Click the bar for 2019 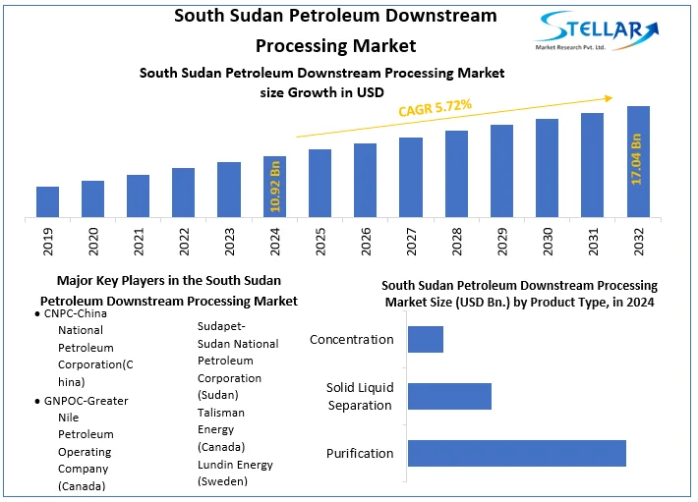pyautogui.click(x=48, y=201)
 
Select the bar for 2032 pyautogui.click(x=638, y=161)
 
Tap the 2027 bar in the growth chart pyautogui.click(x=411, y=177)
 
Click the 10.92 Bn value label pyautogui.click(x=275, y=187)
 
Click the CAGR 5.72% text pyautogui.click(x=435, y=107)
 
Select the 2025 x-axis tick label pyautogui.click(x=320, y=241)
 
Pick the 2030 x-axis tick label pyautogui.click(x=548, y=241)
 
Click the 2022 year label pyautogui.click(x=184, y=241)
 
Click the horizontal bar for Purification pyautogui.click(x=516, y=453)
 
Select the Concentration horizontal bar pyautogui.click(x=426, y=339)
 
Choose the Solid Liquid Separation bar pyautogui.click(x=449, y=396)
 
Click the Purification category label pyautogui.click(x=360, y=453)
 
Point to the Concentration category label pyautogui.click(x=352, y=340)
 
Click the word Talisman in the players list pyautogui.click(x=221, y=413)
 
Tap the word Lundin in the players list pyautogui.click(x=217, y=465)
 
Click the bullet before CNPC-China pyautogui.click(x=36, y=313)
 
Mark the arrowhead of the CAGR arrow pyautogui.click(x=610, y=97)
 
